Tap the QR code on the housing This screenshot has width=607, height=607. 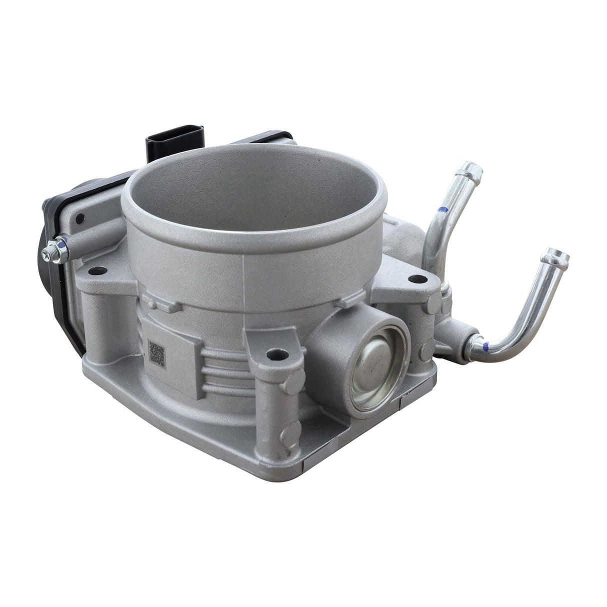pyautogui.click(x=156, y=353)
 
